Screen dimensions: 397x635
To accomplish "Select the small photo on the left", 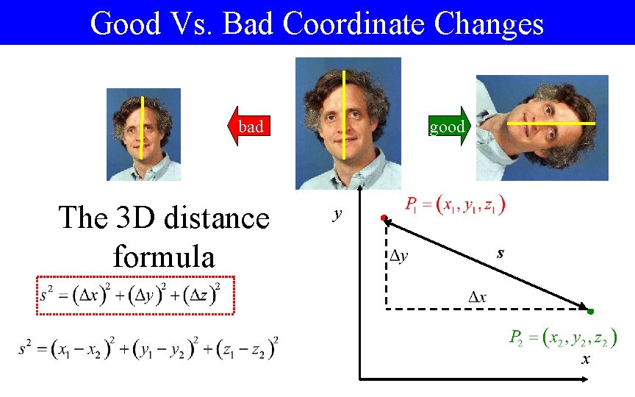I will pos(143,135).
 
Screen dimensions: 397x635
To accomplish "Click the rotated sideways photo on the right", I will pos(542,127).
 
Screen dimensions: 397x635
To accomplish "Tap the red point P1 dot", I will pos(383,219).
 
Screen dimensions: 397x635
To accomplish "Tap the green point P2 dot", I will pos(589,312).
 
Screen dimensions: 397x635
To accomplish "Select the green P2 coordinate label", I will pos(563,338).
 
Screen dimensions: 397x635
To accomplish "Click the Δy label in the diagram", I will pos(400,256).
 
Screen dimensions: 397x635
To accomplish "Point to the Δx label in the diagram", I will pos(478,297).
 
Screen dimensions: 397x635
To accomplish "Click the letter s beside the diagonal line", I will pos(500,253).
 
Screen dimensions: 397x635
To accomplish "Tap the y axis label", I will pos(337,215).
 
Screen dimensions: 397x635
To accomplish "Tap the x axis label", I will pos(586,360).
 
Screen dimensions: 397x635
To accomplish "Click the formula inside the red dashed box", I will pos(135,295).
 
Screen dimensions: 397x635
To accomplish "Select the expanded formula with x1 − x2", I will pos(149,346).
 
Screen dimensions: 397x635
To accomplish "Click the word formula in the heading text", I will pos(163,257).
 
